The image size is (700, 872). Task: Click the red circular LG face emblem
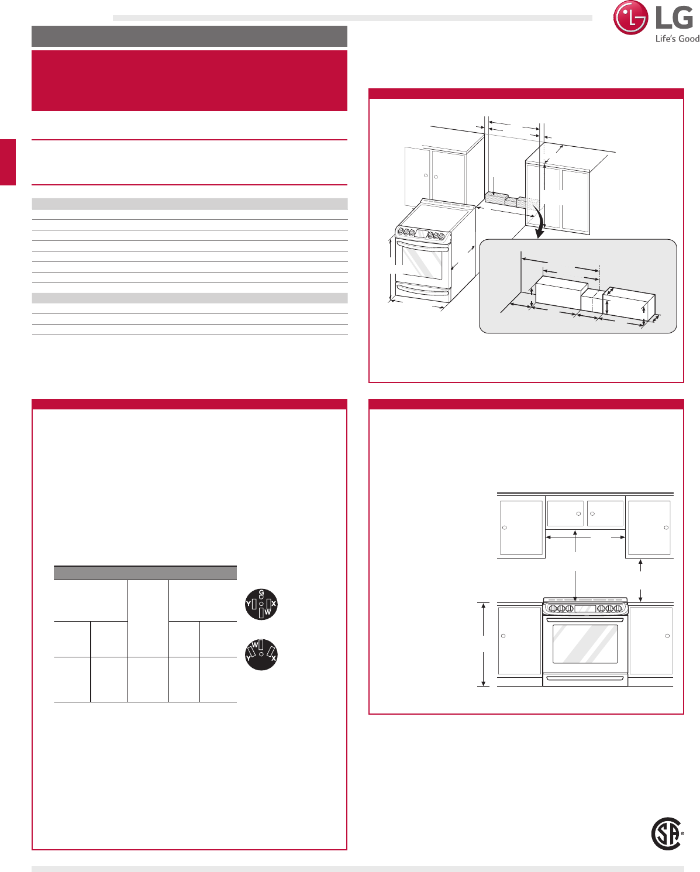coord(630,18)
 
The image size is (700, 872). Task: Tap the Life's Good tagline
coord(677,39)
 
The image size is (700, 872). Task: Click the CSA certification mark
coord(667,833)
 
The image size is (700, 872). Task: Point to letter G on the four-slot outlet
coord(261,592)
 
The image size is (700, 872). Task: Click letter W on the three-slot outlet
coord(255,644)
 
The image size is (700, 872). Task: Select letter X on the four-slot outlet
coord(274,604)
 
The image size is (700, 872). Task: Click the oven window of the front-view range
coord(585,644)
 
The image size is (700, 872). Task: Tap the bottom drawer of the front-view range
coord(585,678)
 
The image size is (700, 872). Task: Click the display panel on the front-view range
coord(585,608)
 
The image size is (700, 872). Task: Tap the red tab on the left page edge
coord(8,162)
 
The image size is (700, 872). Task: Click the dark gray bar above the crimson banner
coord(189,36)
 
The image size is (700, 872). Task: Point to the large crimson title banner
coord(189,81)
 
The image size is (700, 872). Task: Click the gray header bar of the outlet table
coord(145,573)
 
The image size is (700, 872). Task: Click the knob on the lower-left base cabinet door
coord(503,636)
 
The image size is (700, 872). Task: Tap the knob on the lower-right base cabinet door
coord(667,636)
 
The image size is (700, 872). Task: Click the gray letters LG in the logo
coord(674,18)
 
